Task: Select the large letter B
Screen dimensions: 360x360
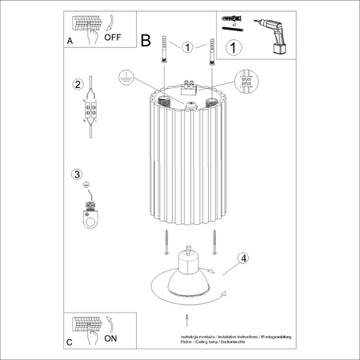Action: click(x=146, y=39)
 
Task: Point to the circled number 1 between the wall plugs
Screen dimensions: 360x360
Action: click(x=187, y=47)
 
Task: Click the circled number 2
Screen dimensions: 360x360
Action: click(x=77, y=84)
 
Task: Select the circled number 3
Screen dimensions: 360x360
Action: click(x=77, y=174)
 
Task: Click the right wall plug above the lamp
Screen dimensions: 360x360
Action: click(x=212, y=51)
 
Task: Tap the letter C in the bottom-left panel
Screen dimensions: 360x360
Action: click(x=70, y=342)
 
